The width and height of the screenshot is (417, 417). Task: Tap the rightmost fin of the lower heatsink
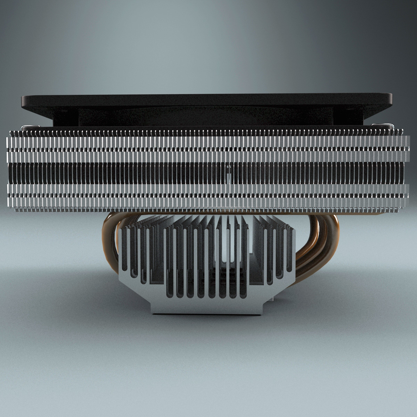pyautogui.click(x=291, y=250)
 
